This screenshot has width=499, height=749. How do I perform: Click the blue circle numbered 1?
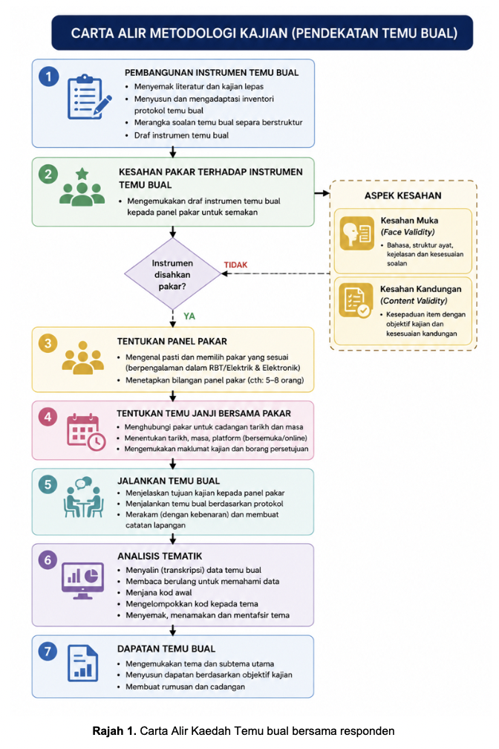click(x=48, y=77)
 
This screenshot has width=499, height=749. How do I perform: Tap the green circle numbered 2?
click(x=48, y=175)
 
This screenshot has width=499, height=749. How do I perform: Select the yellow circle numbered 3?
click(x=48, y=343)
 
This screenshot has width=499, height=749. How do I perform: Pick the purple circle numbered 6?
click(x=48, y=560)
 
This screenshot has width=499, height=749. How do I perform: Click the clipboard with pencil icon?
click(x=89, y=97)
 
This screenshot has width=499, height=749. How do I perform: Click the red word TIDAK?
click(x=236, y=265)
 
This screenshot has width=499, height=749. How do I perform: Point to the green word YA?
click(x=189, y=317)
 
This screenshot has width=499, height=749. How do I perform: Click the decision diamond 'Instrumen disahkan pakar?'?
click(x=172, y=274)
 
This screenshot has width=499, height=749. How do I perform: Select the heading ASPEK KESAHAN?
click(x=403, y=195)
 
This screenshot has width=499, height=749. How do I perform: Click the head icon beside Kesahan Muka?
click(x=356, y=233)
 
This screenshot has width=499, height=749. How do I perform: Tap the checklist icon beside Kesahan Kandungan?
click(x=356, y=300)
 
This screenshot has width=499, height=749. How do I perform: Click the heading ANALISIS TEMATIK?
click(x=160, y=556)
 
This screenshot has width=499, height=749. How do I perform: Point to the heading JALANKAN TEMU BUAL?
click(x=169, y=481)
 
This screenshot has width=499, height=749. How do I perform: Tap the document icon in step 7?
click(x=82, y=663)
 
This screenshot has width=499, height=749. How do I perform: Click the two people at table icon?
click(x=84, y=497)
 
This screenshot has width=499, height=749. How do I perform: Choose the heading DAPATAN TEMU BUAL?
click(x=166, y=649)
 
